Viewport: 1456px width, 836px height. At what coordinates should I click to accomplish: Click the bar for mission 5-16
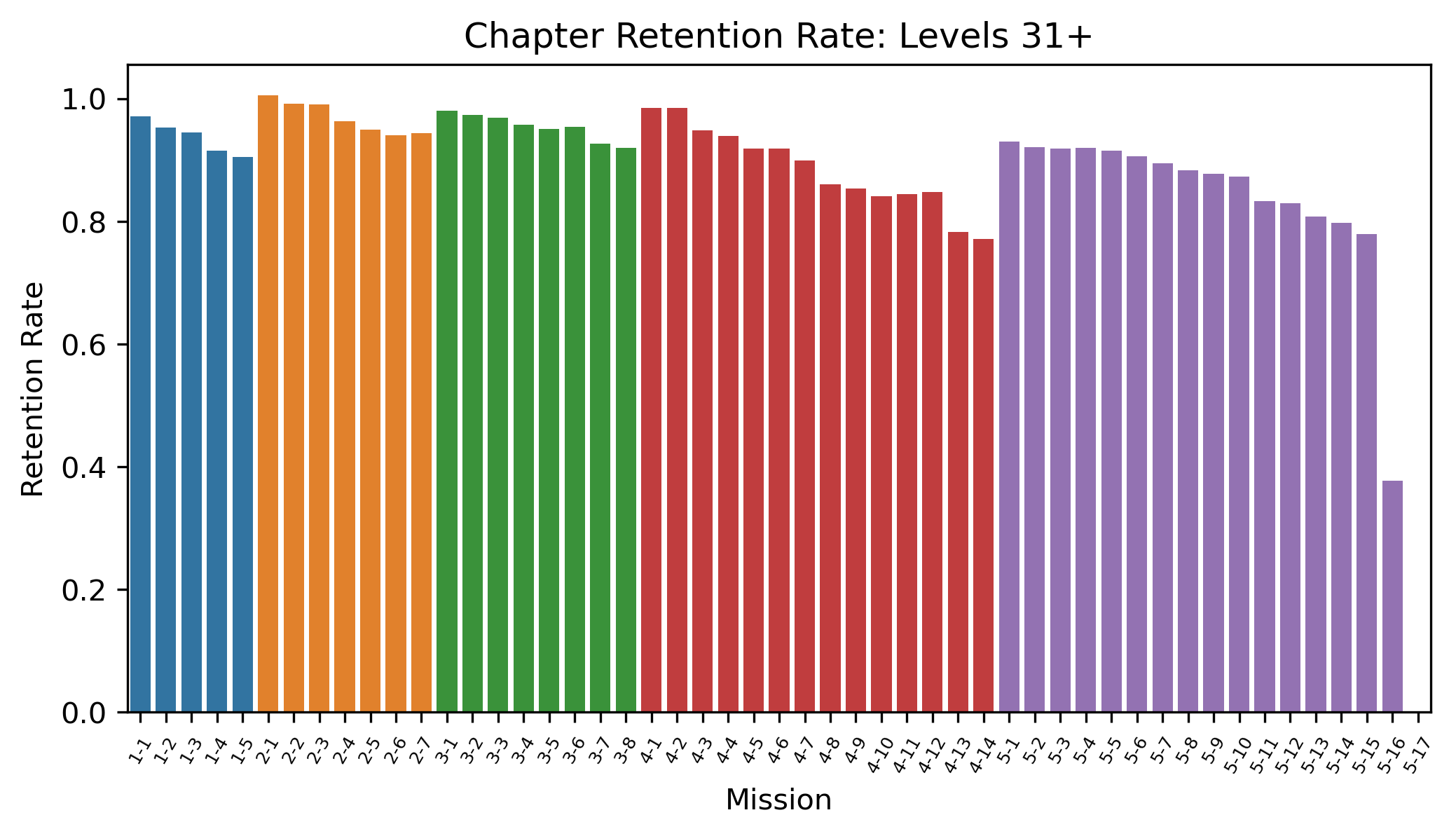[1392, 596]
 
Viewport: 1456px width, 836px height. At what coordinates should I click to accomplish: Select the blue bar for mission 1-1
[140, 414]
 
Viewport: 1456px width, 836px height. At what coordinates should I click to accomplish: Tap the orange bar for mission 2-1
[268, 404]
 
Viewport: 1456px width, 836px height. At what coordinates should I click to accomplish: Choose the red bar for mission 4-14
[984, 476]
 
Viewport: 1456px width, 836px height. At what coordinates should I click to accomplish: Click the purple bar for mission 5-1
[1009, 427]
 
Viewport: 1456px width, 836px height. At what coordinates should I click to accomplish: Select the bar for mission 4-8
[830, 448]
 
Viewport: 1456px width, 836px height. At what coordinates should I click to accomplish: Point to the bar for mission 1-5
[242, 434]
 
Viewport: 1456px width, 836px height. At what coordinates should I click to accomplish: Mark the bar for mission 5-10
[1239, 444]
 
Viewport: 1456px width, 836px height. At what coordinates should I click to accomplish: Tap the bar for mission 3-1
[447, 411]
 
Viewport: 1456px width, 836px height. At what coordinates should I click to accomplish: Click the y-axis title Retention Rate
[33, 389]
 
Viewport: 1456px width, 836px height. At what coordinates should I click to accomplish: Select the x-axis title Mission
[778, 800]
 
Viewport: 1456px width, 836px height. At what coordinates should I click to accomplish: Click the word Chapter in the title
[534, 36]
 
